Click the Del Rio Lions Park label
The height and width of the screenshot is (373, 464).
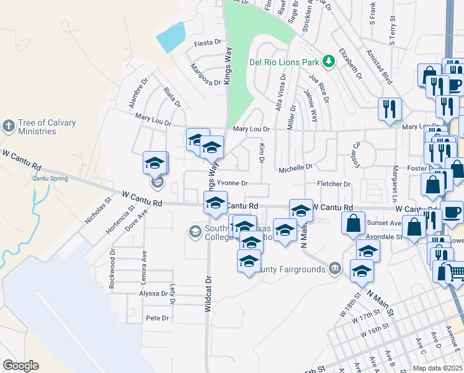click(284, 62)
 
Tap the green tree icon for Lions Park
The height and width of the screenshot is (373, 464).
click(328, 62)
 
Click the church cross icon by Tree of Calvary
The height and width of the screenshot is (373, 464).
click(8, 126)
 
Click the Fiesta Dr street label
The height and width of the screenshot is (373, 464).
click(207, 43)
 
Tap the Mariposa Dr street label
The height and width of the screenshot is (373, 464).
click(205, 74)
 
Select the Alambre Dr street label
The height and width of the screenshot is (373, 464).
click(138, 93)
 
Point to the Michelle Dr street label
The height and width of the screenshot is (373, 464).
click(295, 168)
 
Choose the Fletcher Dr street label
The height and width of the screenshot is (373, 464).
click(334, 184)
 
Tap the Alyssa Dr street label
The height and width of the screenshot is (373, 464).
click(153, 293)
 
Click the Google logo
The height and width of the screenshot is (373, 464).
click(20, 366)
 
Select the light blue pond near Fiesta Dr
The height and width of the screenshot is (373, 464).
click(171, 37)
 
